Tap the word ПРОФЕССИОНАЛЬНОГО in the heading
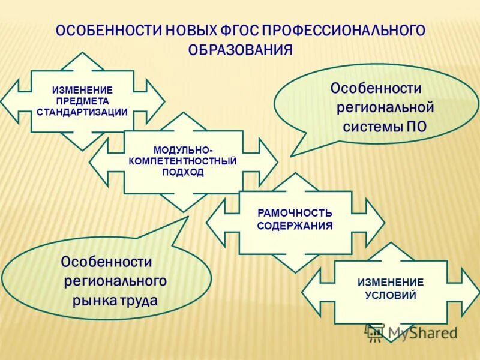tap(343, 30)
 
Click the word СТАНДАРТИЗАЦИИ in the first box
tap(82, 112)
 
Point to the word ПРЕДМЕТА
tap(82, 101)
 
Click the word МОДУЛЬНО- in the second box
tap(183, 149)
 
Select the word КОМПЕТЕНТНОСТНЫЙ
tap(183, 161)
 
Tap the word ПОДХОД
tap(183, 172)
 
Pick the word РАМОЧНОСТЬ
tap(295, 213)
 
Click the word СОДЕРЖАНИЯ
tap(295, 226)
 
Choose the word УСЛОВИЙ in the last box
tap(391, 295)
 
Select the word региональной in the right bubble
tap(385, 108)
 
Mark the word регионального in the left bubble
tap(115, 281)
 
